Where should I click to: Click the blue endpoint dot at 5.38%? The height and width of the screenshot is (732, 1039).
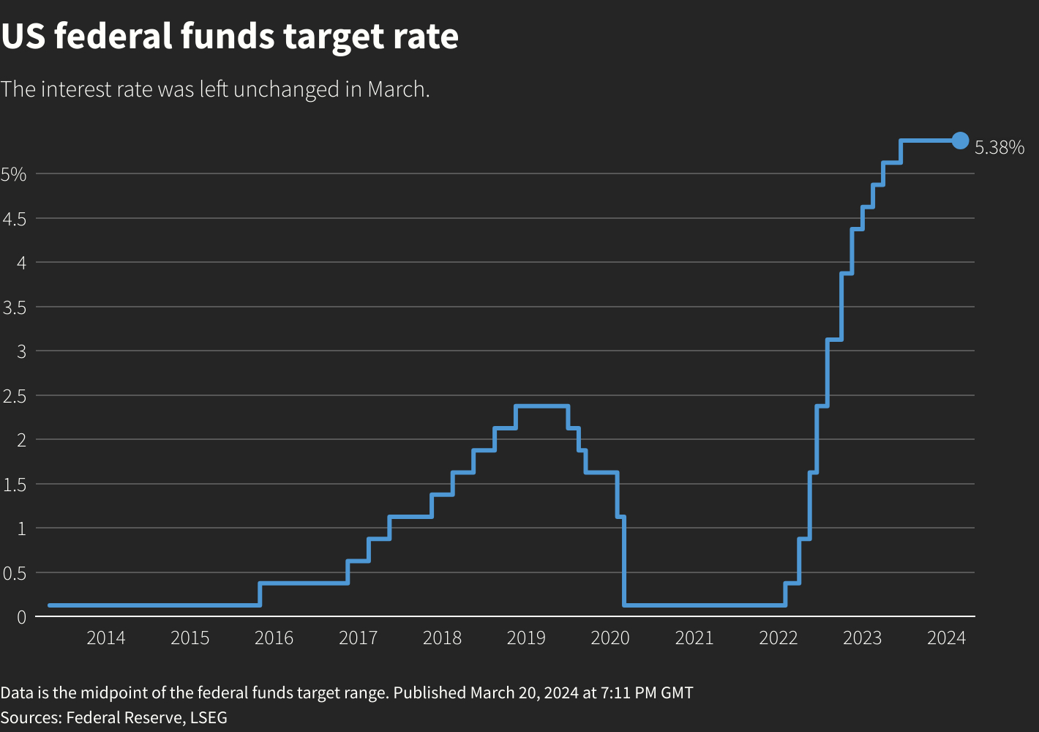coord(960,141)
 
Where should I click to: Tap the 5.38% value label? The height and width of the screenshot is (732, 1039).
coord(999,148)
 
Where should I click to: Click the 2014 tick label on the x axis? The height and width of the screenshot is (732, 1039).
coord(106,638)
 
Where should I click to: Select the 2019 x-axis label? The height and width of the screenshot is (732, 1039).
coord(526,638)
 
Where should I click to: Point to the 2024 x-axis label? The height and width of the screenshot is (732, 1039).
coord(946,638)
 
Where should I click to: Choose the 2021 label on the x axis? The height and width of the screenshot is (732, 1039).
coord(694,638)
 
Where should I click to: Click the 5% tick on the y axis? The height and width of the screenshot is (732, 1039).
coord(14,174)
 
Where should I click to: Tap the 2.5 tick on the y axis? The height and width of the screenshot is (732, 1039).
coord(14,396)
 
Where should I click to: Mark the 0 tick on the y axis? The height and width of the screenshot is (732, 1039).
coord(21,618)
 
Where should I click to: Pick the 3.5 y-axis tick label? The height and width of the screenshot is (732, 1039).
coord(14,307)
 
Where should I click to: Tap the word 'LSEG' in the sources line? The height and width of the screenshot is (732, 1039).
coord(209,717)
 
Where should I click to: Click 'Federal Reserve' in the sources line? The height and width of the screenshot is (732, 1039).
coord(124,717)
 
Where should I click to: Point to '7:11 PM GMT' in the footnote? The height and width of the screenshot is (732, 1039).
coord(648,692)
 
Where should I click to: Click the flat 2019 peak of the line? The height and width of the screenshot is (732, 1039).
coord(541,406)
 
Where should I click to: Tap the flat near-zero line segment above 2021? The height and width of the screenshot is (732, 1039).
coord(695,605)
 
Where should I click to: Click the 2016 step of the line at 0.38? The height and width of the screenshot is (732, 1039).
coord(304,583)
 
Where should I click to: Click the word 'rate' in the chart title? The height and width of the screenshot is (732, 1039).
coord(428,37)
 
